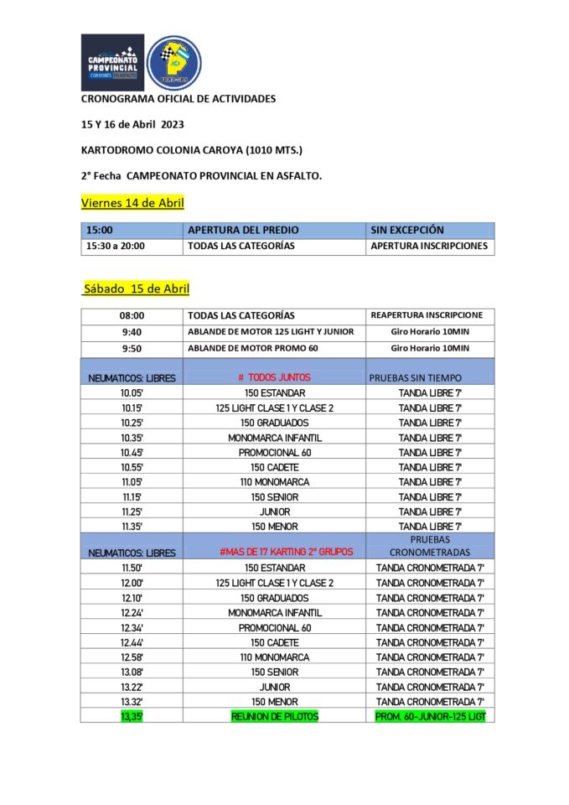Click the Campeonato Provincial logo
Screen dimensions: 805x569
click(112, 62)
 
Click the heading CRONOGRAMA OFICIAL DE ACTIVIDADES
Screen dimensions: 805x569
click(178, 98)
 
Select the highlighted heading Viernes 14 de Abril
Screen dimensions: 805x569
click(132, 203)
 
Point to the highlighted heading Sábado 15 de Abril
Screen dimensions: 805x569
click(136, 288)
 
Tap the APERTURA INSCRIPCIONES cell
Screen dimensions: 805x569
click(428, 247)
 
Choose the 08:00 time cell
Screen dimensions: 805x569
click(132, 316)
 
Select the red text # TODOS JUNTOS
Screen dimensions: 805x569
click(274, 377)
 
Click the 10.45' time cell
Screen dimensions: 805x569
click(132, 453)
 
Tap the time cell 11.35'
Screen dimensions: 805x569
click(132, 527)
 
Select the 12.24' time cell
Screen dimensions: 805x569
click(132, 613)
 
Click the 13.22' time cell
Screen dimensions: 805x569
click(132, 687)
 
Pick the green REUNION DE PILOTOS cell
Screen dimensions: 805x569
click(274, 716)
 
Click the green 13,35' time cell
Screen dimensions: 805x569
click(132, 716)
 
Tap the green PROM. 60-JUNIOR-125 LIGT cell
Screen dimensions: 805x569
click(430, 716)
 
